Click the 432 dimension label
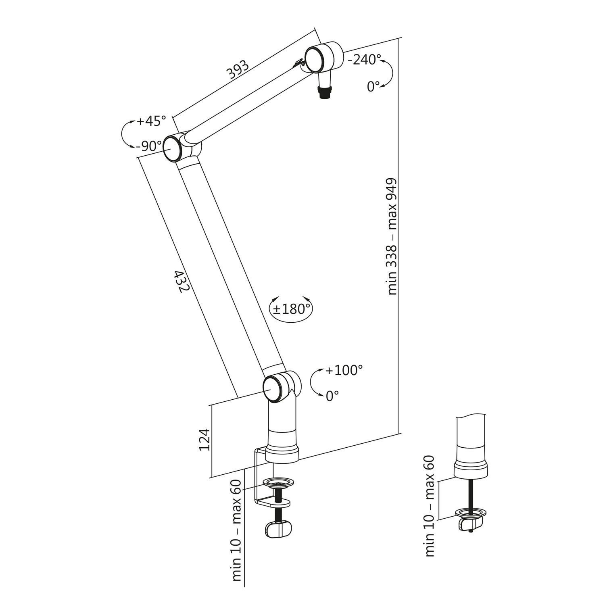181,282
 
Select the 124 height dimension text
204,440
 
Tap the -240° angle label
364,60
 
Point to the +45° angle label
151,121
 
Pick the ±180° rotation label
292,309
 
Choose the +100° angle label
344,370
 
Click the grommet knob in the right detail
470,523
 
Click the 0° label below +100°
332,396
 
